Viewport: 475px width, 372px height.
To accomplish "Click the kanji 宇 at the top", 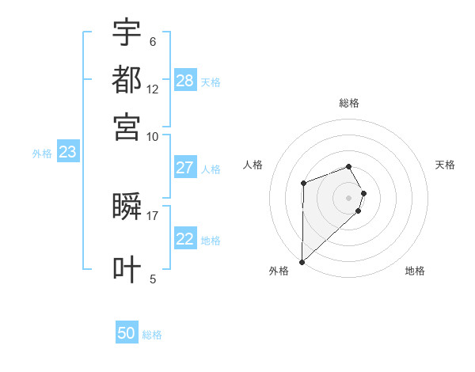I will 127,33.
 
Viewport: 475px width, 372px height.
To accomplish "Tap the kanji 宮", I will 127,126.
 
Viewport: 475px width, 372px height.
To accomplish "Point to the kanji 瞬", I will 127,207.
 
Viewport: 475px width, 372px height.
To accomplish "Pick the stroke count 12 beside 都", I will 153,89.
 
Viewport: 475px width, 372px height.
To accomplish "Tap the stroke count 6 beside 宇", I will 153,42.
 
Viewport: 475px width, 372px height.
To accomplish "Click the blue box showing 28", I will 185,80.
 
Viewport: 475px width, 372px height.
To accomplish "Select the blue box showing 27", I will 185,167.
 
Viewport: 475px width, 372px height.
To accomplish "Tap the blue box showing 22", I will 185,239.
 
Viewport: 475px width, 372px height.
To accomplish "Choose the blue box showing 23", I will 67,153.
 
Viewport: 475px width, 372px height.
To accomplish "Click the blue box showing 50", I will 127,333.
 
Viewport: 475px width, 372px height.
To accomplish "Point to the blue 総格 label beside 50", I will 152,335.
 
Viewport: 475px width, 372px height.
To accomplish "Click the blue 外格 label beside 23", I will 42,154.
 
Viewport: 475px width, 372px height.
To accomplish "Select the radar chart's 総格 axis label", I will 349,103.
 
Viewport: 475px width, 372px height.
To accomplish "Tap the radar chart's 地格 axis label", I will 415,271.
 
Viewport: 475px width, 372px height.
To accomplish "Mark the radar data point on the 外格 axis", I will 302,262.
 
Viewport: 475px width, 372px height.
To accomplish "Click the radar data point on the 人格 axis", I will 303,184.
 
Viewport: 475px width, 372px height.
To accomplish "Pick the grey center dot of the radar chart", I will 349,197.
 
